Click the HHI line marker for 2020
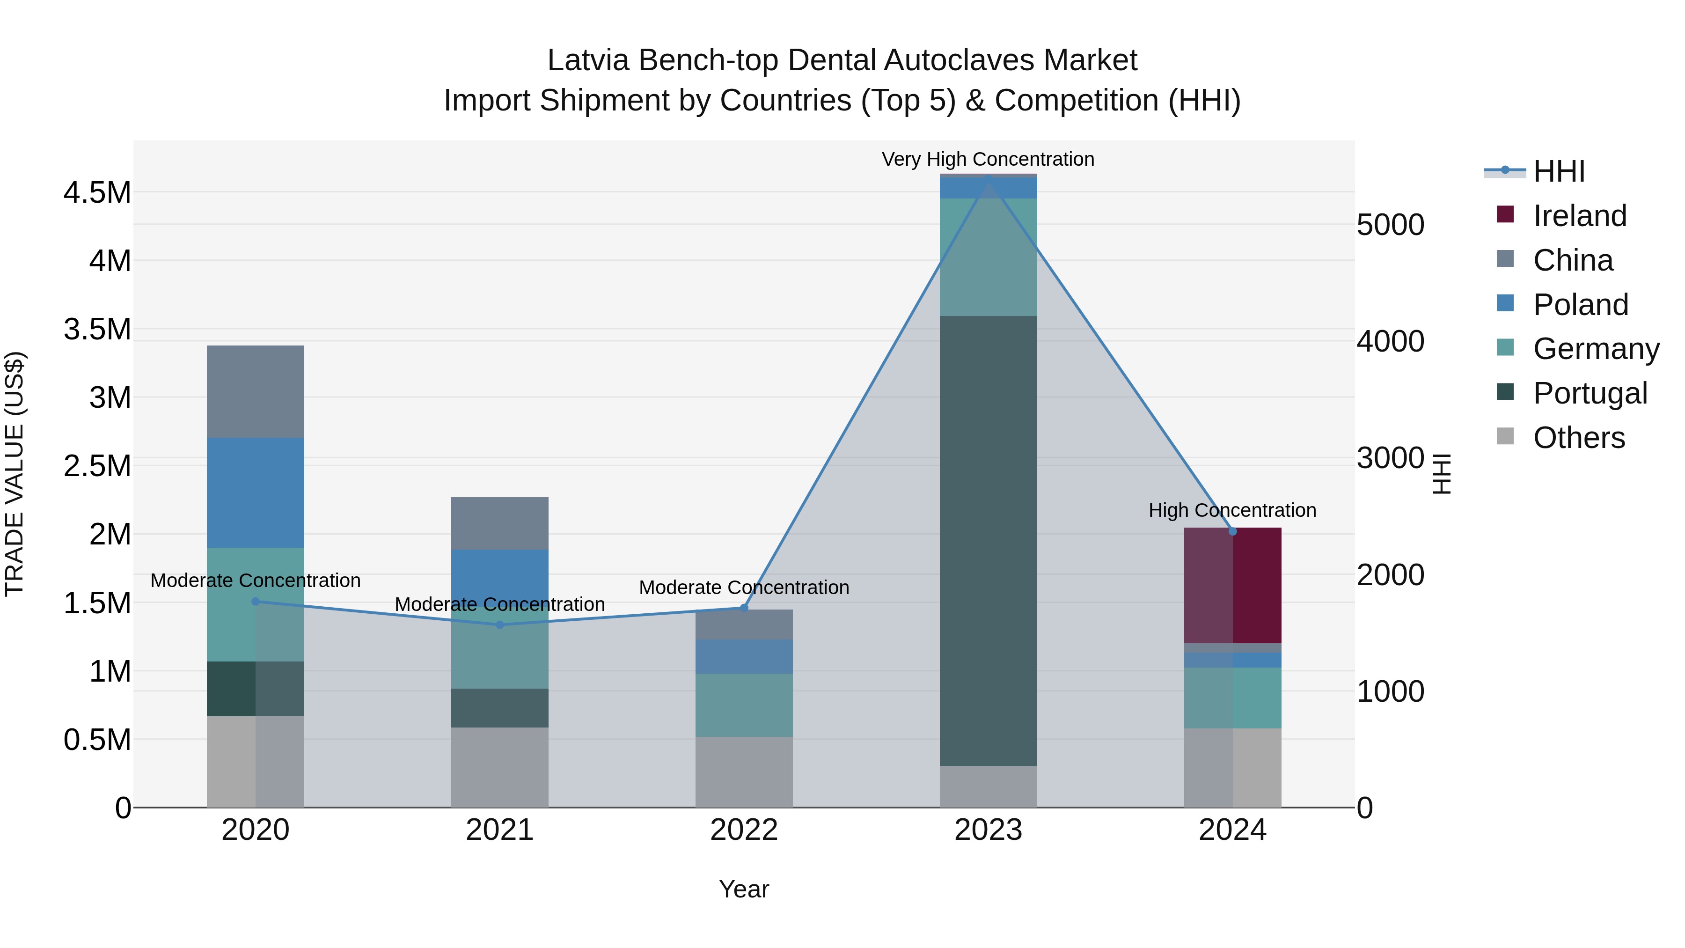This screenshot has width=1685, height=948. [256, 601]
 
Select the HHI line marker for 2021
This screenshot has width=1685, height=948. [500, 625]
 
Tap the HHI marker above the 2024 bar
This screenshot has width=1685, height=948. [1233, 531]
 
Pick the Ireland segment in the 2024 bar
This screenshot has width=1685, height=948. [1233, 586]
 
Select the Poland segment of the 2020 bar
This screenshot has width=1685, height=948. [256, 492]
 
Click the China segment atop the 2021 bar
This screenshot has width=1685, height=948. [500, 523]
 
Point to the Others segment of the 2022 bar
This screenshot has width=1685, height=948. [744, 772]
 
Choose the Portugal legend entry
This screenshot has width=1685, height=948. [1590, 393]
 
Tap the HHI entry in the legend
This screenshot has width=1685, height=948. [1559, 171]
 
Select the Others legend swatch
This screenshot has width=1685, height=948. [1505, 436]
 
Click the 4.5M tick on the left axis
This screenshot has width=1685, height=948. [97, 193]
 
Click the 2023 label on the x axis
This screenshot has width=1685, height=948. [989, 830]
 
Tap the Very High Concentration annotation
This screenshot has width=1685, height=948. [988, 159]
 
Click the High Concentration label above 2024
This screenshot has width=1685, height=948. [1232, 510]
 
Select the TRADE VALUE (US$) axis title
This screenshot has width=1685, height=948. [15, 474]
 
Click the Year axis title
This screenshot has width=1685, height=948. [744, 889]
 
